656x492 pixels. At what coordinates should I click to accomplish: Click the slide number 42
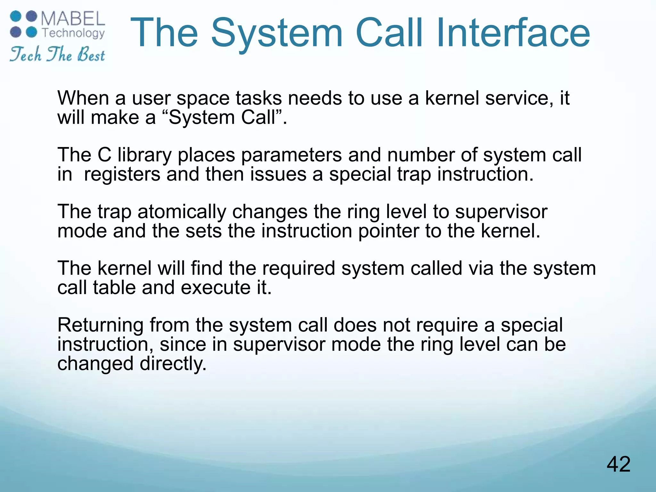point(619,464)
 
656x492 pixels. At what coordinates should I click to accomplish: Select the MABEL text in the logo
point(73,19)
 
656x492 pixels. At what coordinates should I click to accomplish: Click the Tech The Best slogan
point(57,54)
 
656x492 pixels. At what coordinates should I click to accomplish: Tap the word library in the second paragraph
point(144,155)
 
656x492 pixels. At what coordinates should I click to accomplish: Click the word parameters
point(291,155)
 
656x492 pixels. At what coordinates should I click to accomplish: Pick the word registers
point(122,174)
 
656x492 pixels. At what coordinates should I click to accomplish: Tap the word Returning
point(100,325)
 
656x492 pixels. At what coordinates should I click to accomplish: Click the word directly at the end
point(173,364)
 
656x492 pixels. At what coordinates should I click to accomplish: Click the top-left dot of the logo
point(15,16)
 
